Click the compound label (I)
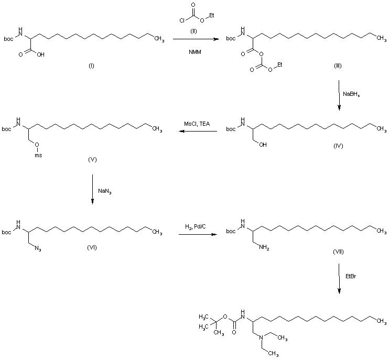pyautogui.click(x=91, y=67)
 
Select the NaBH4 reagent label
pyautogui.click(x=352, y=94)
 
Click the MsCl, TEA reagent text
pyautogui.click(x=196, y=123)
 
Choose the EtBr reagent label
pyautogui.click(x=351, y=276)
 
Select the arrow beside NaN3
pyautogui.click(x=92, y=191)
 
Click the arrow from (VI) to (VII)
pyautogui.click(x=197, y=234)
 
